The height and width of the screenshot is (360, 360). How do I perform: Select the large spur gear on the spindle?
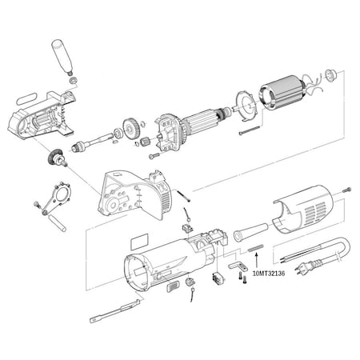(x=129, y=128)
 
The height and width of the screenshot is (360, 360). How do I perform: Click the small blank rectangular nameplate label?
(x=137, y=238)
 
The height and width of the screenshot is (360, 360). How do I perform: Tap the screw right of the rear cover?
(x=346, y=190)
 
